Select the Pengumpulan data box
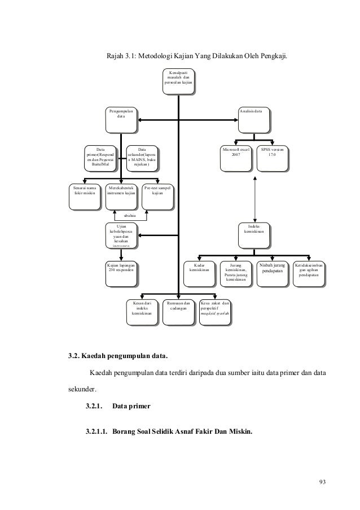coord(122,119)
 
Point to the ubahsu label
coord(130,215)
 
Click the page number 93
coord(323,482)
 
